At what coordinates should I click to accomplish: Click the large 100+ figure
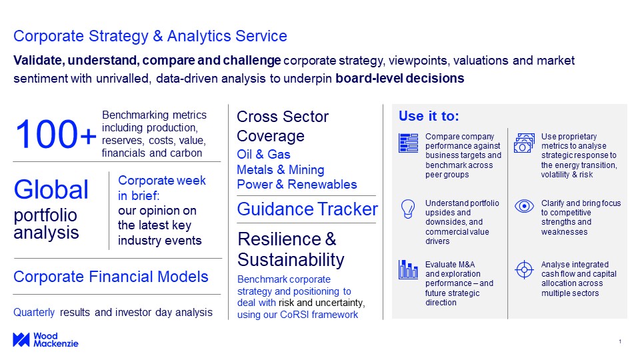tap(55, 134)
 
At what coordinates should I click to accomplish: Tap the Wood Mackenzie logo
tap(45, 339)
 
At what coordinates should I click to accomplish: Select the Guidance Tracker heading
tap(307, 209)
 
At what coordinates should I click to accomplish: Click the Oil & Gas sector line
tap(263, 154)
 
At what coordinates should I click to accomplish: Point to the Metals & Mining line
tap(281, 169)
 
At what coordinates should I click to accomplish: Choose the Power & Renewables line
tap(297, 184)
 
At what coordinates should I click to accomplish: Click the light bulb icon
tap(408, 209)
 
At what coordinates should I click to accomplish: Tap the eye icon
tap(524, 206)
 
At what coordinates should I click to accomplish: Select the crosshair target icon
tap(524, 270)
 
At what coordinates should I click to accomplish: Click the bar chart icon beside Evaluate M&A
tap(408, 269)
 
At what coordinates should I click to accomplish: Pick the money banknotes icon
tap(524, 143)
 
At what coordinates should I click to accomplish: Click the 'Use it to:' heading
tap(429, 116)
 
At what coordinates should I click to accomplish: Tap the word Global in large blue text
tap(51, 189)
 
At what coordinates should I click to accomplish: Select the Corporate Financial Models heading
tap(111, 276)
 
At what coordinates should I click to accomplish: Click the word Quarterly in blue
tap(34, 312)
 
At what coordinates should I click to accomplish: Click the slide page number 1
tap(620, 341)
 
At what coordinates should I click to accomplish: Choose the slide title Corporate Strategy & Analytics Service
tap(150, 36)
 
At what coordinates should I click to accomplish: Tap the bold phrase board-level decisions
tap(399, 78)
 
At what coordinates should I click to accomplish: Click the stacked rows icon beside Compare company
tap(408, 143)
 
